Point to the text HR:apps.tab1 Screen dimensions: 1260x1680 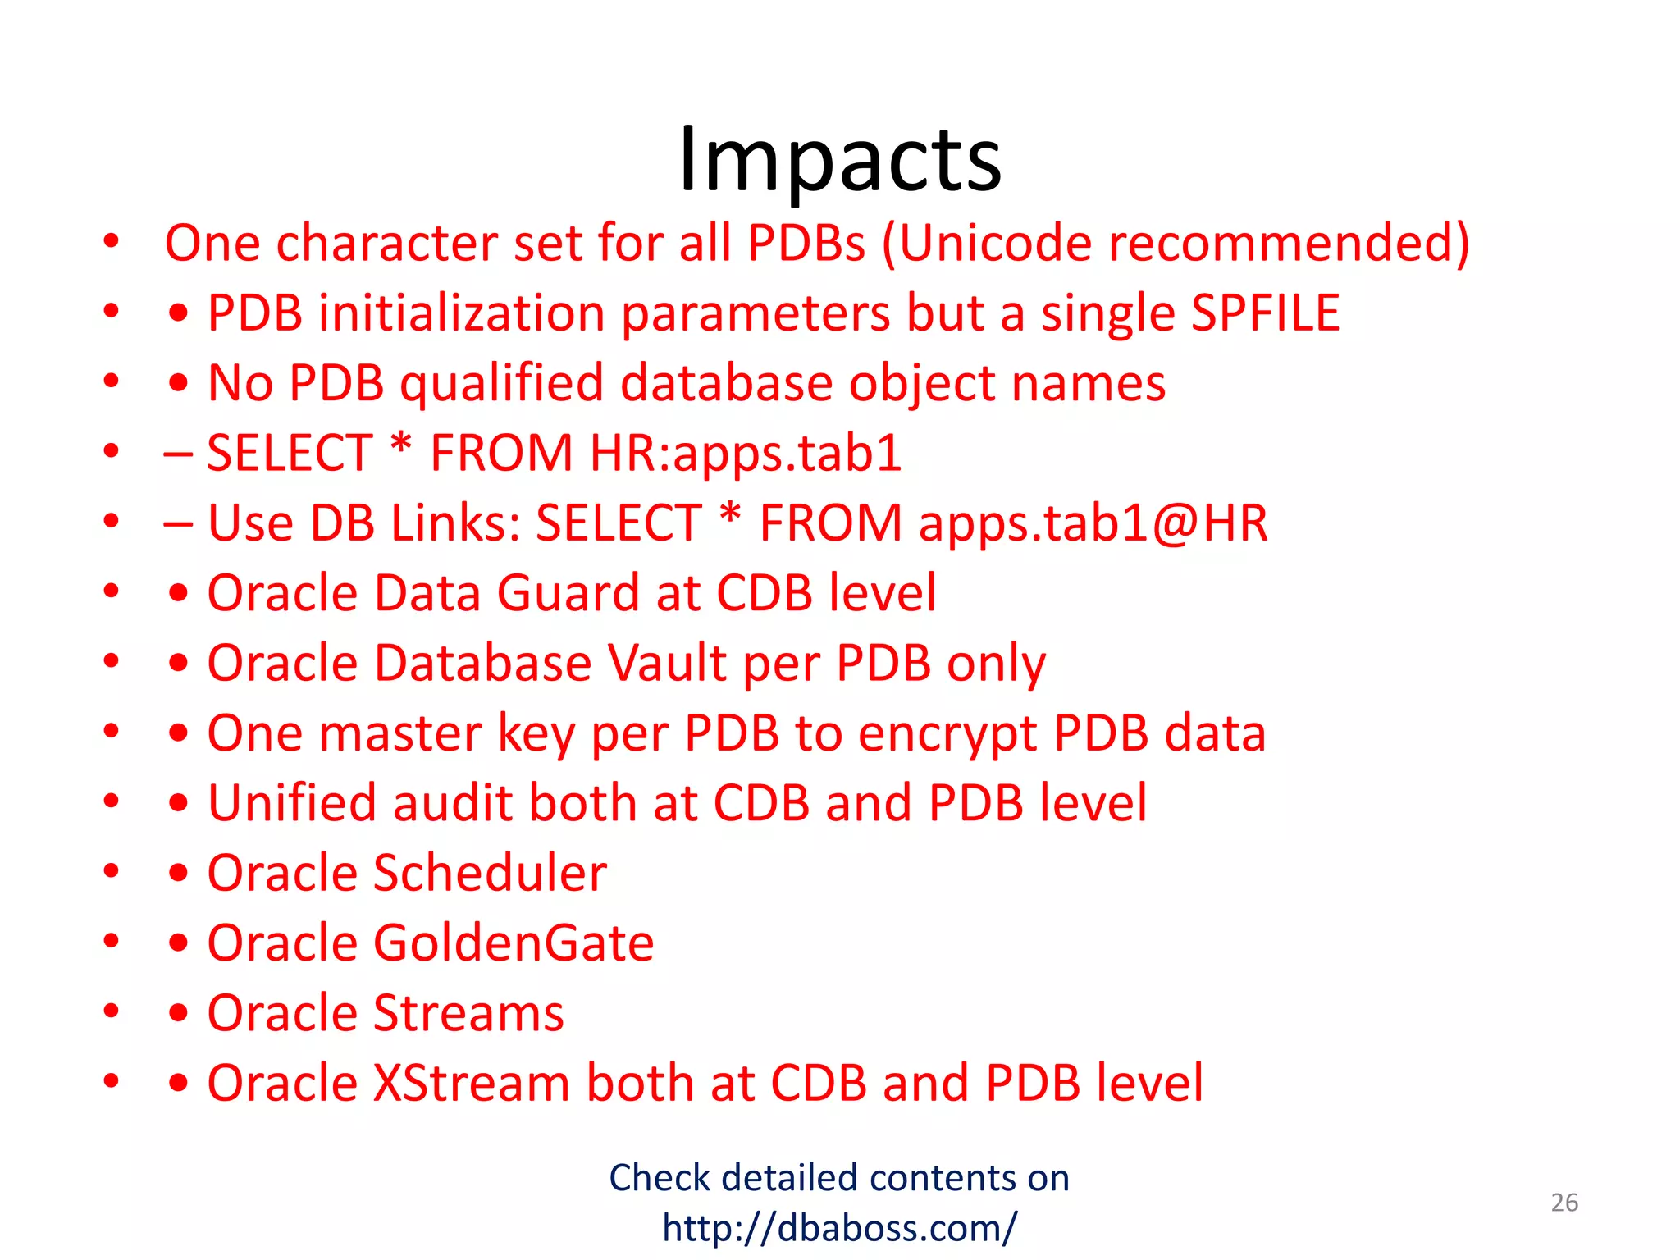coord(745,454)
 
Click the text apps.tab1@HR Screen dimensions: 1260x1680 coord(1093,523)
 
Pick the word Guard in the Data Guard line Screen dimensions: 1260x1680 coord(568,593)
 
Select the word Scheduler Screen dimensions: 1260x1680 coord(490,873)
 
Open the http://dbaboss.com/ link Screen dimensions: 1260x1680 coord(839,1228)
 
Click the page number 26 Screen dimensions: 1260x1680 coord(1564,1203)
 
